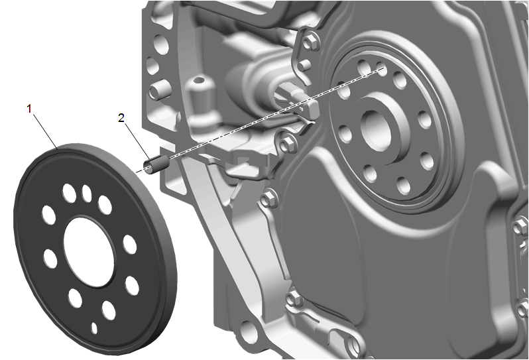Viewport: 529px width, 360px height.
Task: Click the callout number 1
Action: (29, 109)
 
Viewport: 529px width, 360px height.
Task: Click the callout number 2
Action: (121, 118)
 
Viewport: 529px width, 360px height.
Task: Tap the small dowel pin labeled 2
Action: (156, 165)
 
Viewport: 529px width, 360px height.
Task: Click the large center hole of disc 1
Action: (89, 252)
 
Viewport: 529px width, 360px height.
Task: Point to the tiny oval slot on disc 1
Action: (94, 328)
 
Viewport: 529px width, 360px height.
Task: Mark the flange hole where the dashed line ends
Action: (381, 68)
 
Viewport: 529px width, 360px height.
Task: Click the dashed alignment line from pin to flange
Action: (260, 120)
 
